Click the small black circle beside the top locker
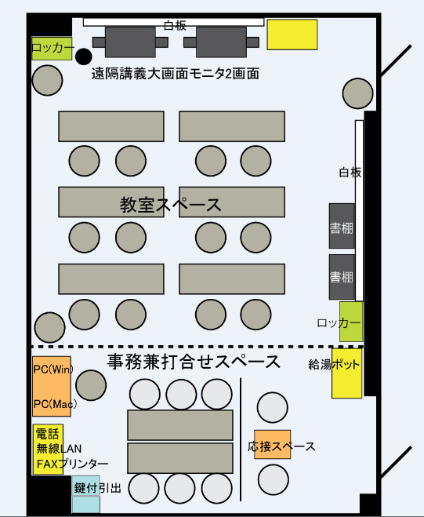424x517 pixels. tap(83, 56)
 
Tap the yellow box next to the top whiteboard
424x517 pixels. tap(292, 35)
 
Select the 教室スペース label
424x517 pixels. tap(170, 205)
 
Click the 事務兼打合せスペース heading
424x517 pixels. tap(194, 362)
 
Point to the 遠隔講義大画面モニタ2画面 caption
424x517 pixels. tap(176, 74)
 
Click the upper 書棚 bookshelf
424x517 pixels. tap(342, 226)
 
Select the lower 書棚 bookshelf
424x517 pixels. tap(342, 277)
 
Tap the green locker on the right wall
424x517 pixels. tap(351, 322)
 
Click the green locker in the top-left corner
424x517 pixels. tap(52, 49)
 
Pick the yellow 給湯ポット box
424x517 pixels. tap(346, 373)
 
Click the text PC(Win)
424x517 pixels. tap(53, 370)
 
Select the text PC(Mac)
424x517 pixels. tap(55, 403)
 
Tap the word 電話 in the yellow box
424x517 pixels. tap(47, 433)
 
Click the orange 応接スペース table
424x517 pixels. tap(273, 444)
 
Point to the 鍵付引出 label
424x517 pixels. tap(97, 488)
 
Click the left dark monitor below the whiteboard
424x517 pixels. tap(130, 42)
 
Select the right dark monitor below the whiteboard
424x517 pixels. tap(221, 42)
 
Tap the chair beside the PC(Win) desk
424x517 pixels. tap(91, 385)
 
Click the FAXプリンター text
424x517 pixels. tap(72, 464)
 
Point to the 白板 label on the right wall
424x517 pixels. tap(350, 172)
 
